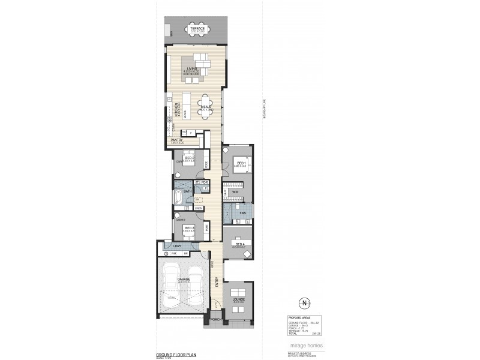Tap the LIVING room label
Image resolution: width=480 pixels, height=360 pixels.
[x=192, y=69]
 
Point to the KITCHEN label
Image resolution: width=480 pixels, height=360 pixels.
[x=176, y=109]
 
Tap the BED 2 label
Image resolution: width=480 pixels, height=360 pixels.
[x=188, y=158]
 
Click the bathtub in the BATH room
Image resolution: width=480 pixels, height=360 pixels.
[x=178, y=198]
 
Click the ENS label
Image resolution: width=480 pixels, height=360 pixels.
[x=242, y=213]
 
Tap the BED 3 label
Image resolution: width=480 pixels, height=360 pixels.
[x=188, y=228]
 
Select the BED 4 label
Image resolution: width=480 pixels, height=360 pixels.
[x=239, y=244]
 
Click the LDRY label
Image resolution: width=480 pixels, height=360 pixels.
[x=177, y=247]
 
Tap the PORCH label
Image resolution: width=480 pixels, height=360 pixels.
[x=215, y=320]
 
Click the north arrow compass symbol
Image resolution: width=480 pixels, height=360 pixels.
[x=305, y=302]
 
